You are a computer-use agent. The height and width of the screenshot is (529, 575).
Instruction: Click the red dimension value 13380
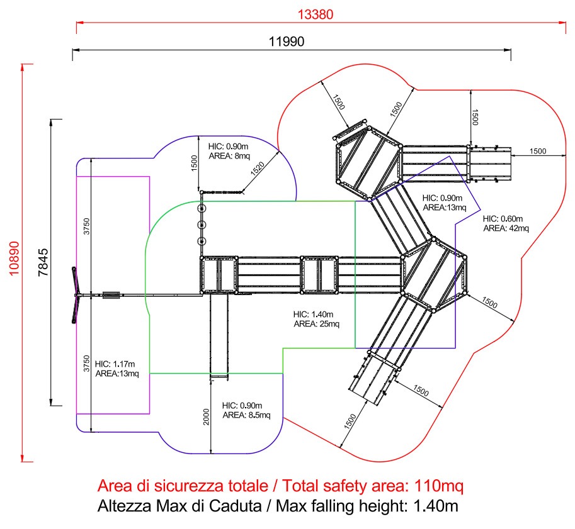click(x=316, y=14)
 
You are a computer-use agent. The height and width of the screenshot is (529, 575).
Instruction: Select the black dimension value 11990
click(x=287, y=42)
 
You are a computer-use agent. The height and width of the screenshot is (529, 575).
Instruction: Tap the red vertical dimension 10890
click(x=14, y=259)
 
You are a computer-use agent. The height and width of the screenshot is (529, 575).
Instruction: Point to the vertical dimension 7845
click(x=43, y=262)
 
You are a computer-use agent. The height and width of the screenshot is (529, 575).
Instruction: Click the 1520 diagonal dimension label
click(x=258, y=169)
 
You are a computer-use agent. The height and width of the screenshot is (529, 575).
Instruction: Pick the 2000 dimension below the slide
click(x=206, y=416)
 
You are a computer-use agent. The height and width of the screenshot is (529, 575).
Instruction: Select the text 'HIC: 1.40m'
click(x=313, y=315)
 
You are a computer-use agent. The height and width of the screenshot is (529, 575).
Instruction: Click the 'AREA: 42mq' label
click(x=506, y=228)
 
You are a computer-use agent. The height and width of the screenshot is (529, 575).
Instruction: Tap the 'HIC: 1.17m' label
click(x=115, y=364)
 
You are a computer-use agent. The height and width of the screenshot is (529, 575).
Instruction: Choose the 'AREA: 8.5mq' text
click(x=246, y=415)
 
